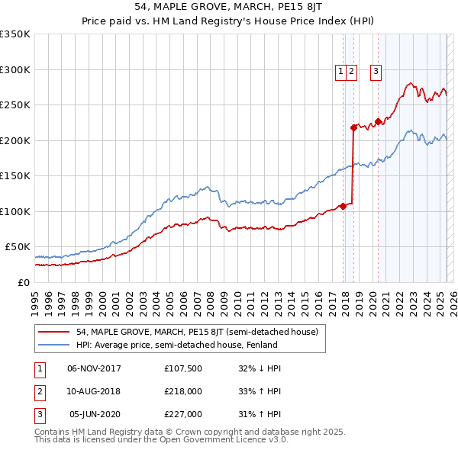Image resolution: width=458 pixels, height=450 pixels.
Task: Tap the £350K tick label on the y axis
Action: [x=15, y=34]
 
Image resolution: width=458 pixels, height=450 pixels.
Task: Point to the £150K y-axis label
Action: [x=15, y=176]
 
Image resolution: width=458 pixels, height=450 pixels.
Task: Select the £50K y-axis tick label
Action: [x=17, y=247]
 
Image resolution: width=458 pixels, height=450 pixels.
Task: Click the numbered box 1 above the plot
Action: [x=340, y=72]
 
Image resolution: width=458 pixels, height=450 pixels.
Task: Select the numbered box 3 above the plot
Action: [x=376, y=72]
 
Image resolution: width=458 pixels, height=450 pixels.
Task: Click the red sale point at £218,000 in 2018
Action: [x=353, y=127]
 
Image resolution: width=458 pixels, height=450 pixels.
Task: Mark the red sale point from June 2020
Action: [x=378, y=121]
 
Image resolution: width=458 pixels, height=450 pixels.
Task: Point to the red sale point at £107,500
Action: [x=343, y=205]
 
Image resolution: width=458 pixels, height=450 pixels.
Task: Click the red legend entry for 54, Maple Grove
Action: [x=202, y=332]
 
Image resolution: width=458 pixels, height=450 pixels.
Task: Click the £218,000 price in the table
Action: [x=183, y=391]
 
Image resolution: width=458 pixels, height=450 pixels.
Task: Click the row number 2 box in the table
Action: [x=39, y=391]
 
